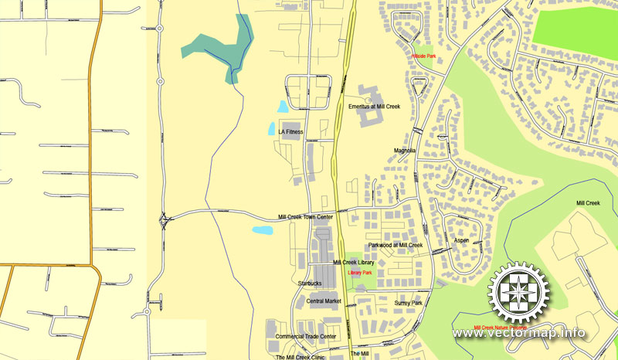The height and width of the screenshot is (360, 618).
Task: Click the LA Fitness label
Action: coord(290,132)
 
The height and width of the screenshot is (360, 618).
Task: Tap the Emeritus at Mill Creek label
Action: coord(374,106)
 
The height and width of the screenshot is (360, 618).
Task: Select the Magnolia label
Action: coord(405,151)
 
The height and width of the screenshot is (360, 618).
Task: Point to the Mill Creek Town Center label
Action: coord(306,217)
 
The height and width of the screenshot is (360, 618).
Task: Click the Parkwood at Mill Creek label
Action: coord(396,245)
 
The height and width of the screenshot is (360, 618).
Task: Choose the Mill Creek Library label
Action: coord(354,263)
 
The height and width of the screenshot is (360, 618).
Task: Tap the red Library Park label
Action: coord(360,273)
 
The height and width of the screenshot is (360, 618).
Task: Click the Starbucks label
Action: coord(309,284)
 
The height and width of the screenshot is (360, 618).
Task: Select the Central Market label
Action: coord(324,301)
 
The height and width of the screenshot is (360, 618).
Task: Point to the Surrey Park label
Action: coord(408,304)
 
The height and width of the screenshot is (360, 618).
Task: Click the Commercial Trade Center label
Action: coord(306,337)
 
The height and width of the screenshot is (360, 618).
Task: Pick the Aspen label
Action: coord(461,240)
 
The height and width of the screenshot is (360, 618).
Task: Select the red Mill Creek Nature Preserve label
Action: coord(501,328)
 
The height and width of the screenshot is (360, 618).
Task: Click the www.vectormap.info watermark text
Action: coord(518,334)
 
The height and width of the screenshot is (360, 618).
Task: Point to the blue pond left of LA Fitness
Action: coord(271,129)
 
